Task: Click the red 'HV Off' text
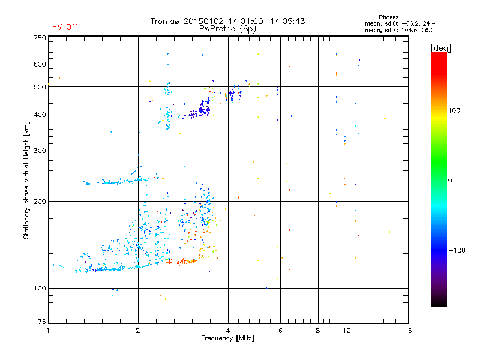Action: pos(64,27)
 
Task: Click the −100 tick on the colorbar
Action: pos(458,250)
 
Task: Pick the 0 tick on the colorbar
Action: pos(451,180)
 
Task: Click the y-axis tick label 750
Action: pos(39,38)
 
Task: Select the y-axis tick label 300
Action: pos(39,151)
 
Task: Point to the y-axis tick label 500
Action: pos(39,87)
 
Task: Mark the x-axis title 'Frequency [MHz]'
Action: pos(227,339)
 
